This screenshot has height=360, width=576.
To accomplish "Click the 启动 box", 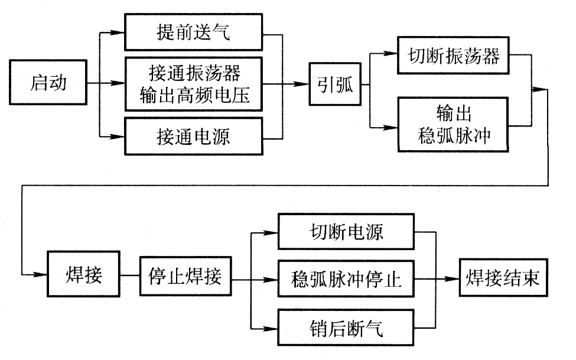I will tap(48, 83).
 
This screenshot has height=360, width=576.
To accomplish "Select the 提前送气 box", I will tap(193, 33).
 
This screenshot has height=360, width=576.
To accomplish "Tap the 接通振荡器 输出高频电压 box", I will tap(193, 83).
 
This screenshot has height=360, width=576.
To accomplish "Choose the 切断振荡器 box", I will tap(454, 56).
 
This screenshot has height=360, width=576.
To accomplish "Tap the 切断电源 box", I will tap(347, 231).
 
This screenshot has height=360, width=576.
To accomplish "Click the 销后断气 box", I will tap(347, 327).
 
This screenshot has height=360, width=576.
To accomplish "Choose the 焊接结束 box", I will tap(503, 277).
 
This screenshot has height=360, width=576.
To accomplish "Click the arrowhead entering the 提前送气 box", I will tap(119, 33).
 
